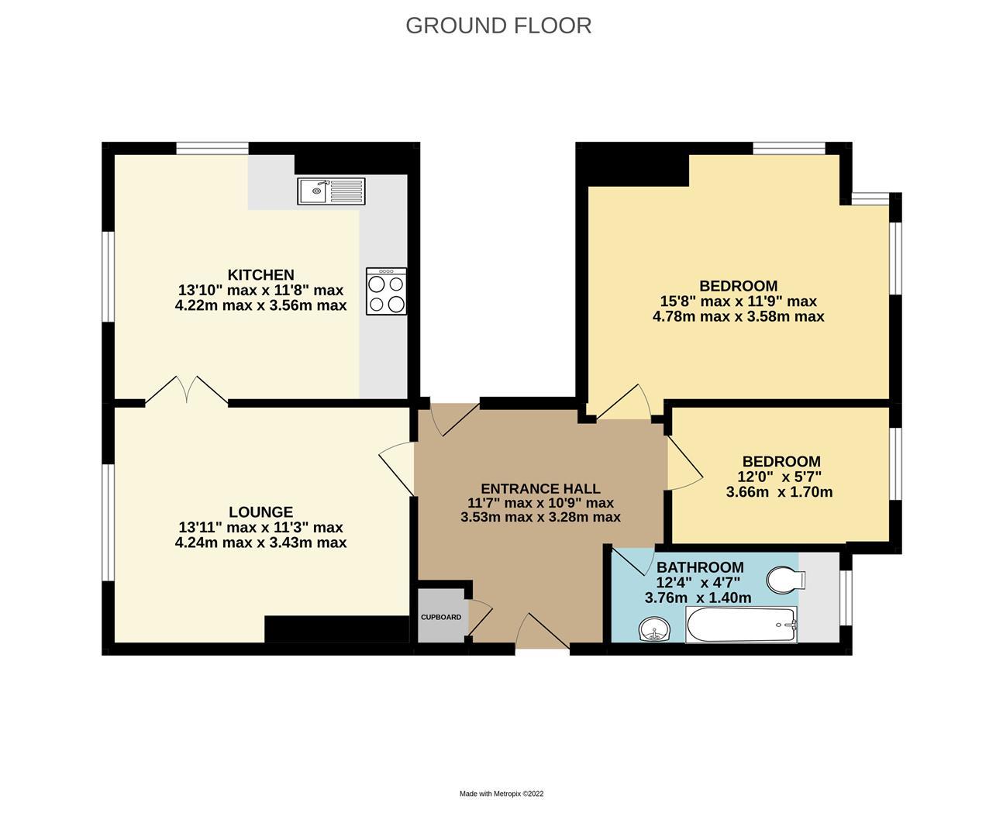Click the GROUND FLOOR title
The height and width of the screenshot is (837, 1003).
(498, 26)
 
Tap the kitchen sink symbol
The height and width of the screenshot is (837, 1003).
(331, 191)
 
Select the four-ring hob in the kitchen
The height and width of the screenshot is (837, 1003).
(386, 291)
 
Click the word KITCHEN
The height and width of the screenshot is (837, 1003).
(260, 275)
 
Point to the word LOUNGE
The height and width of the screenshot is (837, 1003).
(260, 512)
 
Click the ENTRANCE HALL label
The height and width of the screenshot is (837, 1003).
(540, 488)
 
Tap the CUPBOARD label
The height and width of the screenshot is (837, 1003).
(441, 618)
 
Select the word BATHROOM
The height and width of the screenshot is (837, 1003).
(699, 567)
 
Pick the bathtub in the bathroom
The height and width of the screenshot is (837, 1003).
(741, 625)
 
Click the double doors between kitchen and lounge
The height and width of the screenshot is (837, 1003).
(187, 391)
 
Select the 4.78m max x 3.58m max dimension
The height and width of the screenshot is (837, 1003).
(738, 317)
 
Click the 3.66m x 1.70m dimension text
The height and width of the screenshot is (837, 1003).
(779, 492)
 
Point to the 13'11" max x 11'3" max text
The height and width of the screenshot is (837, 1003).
(260, 528)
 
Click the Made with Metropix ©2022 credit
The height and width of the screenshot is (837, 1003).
(502, 794)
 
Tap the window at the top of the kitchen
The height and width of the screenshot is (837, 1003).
(212, 149)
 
